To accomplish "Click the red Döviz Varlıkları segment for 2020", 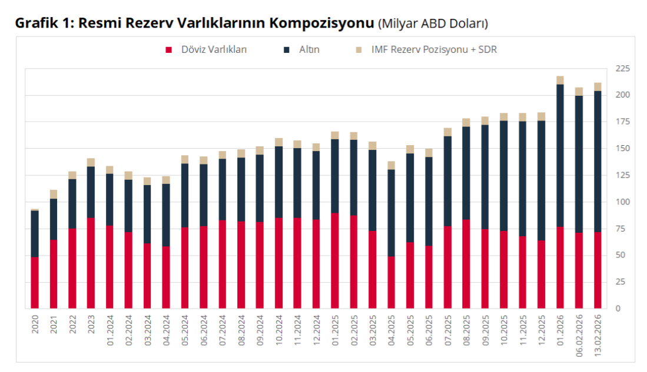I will click(x=35, y=283).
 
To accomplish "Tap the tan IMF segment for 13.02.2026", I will click(x=598, y=87).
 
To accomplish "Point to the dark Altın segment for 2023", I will click(x=91, y=192).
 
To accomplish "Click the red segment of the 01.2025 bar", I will click(x=334, y=261).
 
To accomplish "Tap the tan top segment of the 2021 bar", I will click(x=54, y=195).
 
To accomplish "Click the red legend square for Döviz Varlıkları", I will click(x=168, y=50).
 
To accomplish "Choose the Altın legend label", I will click(x=309, y=50).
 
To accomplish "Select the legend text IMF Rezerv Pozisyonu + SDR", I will click(x=434, y=50).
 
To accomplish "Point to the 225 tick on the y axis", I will click(x=622, y=69).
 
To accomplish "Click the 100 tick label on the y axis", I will click(x=622, y=202).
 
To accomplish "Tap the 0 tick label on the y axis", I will click(x=618, y=309).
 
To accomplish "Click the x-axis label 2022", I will click(x=72, y=324).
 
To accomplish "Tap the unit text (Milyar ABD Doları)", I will click(x=433, y=24).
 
